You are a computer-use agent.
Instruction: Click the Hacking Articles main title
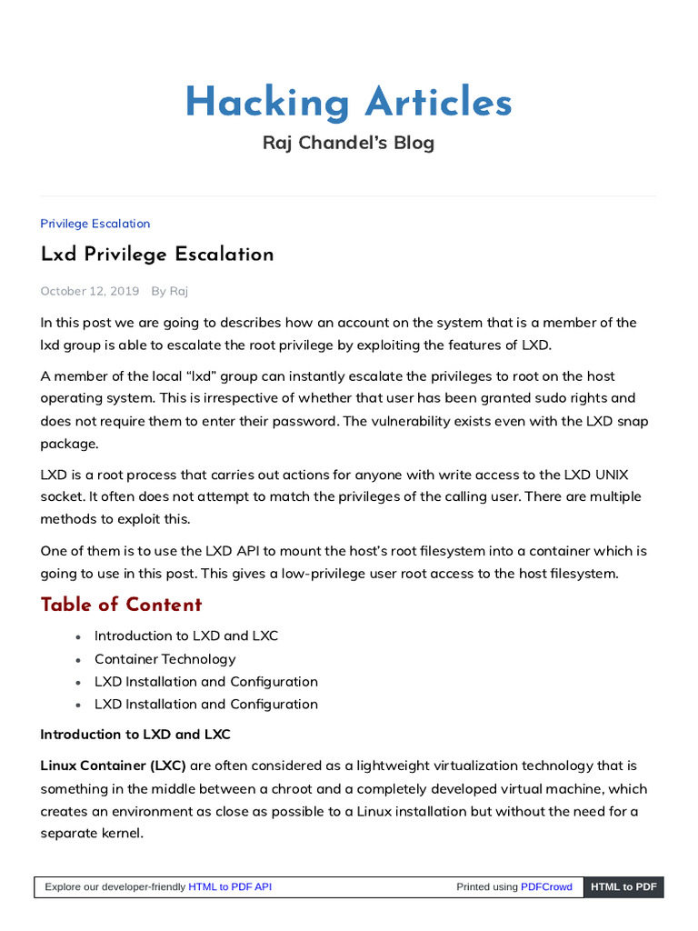(348, 103)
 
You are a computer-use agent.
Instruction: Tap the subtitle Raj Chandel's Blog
(348, 143)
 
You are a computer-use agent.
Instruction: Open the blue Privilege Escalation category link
(95, 224)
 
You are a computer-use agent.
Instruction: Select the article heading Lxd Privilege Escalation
(157, 255)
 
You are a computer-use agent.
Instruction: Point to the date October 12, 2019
(90, 291)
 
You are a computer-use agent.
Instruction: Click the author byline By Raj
(170, 291)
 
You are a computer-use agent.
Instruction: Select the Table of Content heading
(121, 605)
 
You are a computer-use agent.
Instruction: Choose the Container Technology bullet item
(165, 659)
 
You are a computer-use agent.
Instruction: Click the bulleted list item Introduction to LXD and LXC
(186, 636)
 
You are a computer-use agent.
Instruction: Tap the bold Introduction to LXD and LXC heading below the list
(135, 734)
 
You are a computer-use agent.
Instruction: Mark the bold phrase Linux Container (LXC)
(114, 766)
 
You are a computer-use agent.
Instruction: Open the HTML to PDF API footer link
(230, 886)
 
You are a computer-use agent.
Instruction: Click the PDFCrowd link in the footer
(546, 886)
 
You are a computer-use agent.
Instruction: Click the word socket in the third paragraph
(61, 496)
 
